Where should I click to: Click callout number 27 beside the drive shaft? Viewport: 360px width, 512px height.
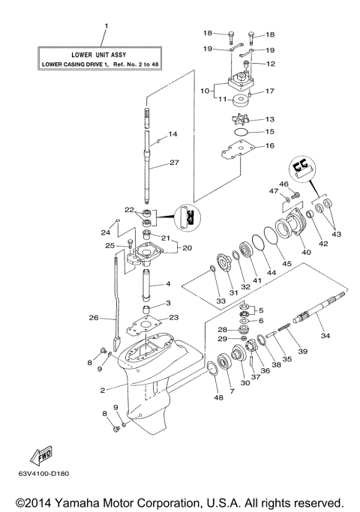173,163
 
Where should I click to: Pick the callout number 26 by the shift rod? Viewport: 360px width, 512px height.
94,318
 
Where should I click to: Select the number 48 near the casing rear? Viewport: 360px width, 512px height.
217,397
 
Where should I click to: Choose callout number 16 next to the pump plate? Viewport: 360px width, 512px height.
270,147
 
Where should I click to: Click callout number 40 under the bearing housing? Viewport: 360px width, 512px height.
306,253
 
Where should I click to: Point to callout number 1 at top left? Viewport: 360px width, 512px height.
106,26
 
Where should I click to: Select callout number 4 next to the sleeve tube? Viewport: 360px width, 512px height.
169,284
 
